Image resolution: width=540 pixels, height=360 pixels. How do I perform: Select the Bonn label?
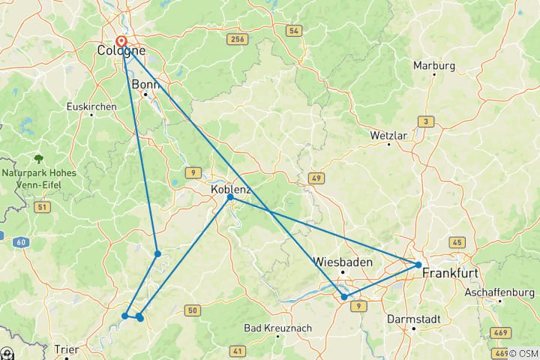pyautogui.click(x=145, y=85)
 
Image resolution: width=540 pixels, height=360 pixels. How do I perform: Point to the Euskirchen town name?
pyautogui.click(x=91, y=106)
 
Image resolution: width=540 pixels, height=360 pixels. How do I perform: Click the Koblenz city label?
pyautogui.click(x=231, y=190)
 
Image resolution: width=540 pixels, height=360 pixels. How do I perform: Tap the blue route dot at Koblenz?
pyautogui.click(x=229, y=197)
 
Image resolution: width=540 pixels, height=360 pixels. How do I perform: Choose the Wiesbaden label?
pyautogui.click(x=343, y=262)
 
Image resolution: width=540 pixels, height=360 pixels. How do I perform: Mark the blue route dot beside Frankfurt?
pyautogui.click(x=418, y=264)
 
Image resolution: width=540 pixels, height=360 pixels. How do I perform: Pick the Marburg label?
pyautogui.click(x=433, y=65)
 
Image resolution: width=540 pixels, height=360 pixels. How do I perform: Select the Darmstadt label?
pyautogui.click(x=412, y=319)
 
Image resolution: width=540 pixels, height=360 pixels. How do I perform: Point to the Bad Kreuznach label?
pyautogui.click(x=277, y=328)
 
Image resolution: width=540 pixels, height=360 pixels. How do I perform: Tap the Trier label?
pyautogui.click(x=67, y=349)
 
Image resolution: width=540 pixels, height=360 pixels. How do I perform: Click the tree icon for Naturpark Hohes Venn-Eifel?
pyautogui.click(x=38, y=159)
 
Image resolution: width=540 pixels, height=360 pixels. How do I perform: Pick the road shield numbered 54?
pyautogui.click(x=293, y=31)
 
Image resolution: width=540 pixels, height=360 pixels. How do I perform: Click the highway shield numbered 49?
pyautogui.click(x=315, y=178)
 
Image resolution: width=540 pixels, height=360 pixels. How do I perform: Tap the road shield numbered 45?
pyautogui.click(x=456, y=242)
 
